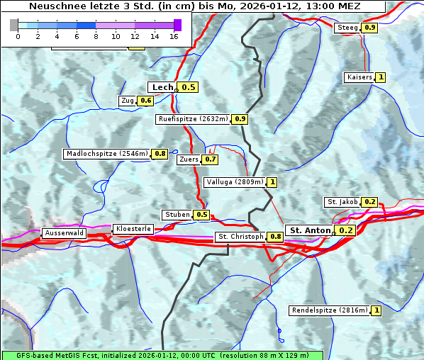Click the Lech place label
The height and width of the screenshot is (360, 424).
pyautogui.click(x=162, y=87)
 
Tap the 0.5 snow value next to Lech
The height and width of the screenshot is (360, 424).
pyautogui.click(x=188, y=87)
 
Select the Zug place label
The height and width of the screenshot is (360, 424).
pyautogui.click(x=128, y=101)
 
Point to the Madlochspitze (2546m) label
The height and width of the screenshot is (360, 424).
pyautogui.click(x=106, y=153)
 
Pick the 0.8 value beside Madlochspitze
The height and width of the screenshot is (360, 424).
pyautogui.click(x=160, y=153)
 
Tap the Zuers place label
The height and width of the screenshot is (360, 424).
pyautogui.click(x=189, y=159)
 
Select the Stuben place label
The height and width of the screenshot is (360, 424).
pyautogui.click(x=177, y=214)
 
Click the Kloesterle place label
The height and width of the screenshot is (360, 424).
pyautogui.click(x=133, y=229)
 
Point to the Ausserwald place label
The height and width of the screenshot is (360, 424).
pyautogui.click(x=64, y=232)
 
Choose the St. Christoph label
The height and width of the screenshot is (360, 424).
pyautogui.click(x=240, y=236)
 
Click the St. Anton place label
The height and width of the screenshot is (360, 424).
pyautogui.click(x=310, y=230)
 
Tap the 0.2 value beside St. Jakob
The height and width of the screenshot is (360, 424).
pyautogui.click(x=369, y=202)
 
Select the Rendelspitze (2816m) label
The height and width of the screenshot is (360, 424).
pyautogui.click(x=330, y=310)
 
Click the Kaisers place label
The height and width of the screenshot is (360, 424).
pyautogui.click(x=359, y=77)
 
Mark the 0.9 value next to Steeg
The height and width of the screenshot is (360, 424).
pyautogui.click(x=369, y=28)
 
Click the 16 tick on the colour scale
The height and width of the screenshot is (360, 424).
pyautogui.click(x=174, y=35)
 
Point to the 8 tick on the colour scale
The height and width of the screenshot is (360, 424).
pyautogui.click(x=96, y=35)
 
